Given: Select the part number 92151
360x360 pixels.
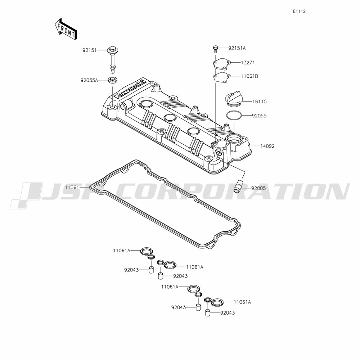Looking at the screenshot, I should tap(89, 50).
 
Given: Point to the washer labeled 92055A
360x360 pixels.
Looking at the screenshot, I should tap(113, 80).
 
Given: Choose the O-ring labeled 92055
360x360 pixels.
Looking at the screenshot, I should tap(233, 116).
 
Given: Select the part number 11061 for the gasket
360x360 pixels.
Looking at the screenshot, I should tap(72, 187).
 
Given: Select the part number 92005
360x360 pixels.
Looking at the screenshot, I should tap(258, 188).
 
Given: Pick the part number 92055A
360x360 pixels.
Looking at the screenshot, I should tap(89, 80).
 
